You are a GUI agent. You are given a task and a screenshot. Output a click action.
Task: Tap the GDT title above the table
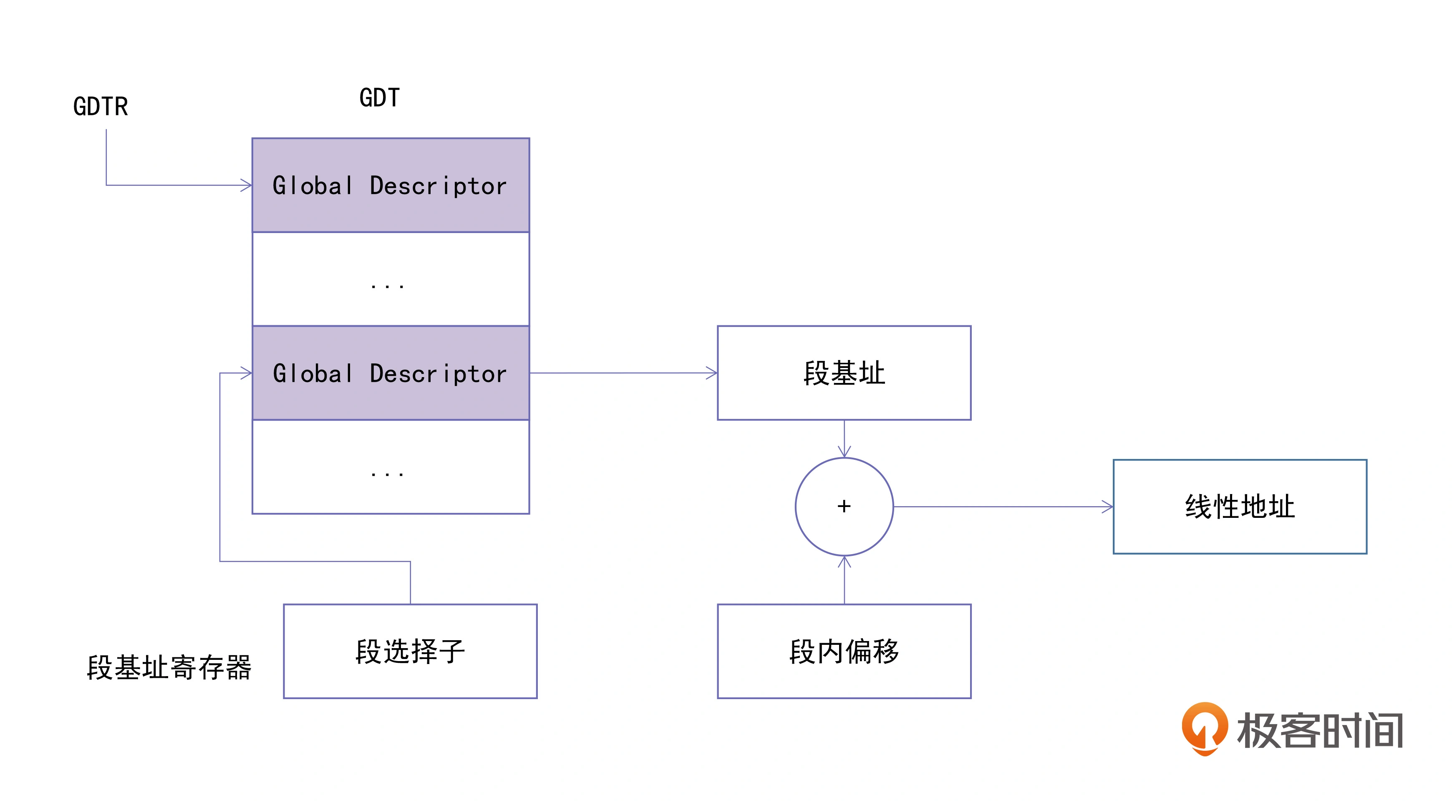(379, 98)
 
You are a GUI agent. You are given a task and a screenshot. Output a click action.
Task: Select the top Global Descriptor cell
(390, 185)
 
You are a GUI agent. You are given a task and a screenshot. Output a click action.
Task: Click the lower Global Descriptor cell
(390, 373)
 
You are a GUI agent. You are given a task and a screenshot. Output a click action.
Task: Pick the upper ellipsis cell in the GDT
(390, 279)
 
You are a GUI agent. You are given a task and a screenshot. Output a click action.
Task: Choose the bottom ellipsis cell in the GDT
(390, 467)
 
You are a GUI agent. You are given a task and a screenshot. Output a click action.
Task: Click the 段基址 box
(844, 373)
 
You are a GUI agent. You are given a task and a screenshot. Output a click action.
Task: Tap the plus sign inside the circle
(844, 506)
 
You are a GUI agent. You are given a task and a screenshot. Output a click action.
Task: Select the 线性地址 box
(1240, 507)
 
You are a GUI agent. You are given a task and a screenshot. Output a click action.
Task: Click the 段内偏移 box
(844, 651)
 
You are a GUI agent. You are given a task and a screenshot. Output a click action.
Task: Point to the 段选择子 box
(410, 651)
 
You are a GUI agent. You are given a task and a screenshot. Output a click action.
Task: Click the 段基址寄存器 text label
(169, 667)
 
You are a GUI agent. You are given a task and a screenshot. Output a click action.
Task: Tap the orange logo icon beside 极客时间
(1205, 727)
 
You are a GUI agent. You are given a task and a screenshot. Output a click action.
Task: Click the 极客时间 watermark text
(1319, 730)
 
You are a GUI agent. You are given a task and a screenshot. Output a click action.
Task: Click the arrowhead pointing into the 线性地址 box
(1108, 507)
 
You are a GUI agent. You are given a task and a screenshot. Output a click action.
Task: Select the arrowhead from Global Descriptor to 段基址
(712, 373)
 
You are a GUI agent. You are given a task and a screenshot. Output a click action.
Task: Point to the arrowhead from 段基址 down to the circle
(844, 452)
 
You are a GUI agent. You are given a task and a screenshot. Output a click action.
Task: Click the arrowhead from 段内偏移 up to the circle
(844, 562)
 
